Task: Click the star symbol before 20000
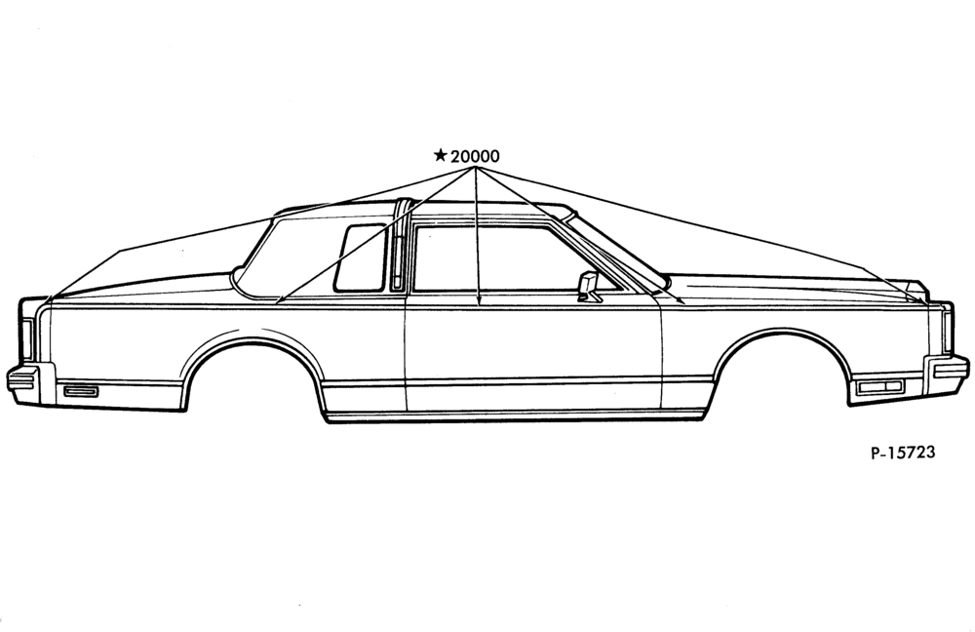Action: [441, 154]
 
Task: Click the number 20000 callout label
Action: [475, 155]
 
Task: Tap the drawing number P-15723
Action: [902, 453]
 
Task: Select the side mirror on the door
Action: [588, 287]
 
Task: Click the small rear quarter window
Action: [361, 257]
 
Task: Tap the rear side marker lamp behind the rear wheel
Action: [81, 391]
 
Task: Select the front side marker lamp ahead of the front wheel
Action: [879, 387]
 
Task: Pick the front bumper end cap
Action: [946, 374]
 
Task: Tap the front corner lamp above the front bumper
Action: [947, 330]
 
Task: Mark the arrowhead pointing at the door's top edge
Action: [478, 303]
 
